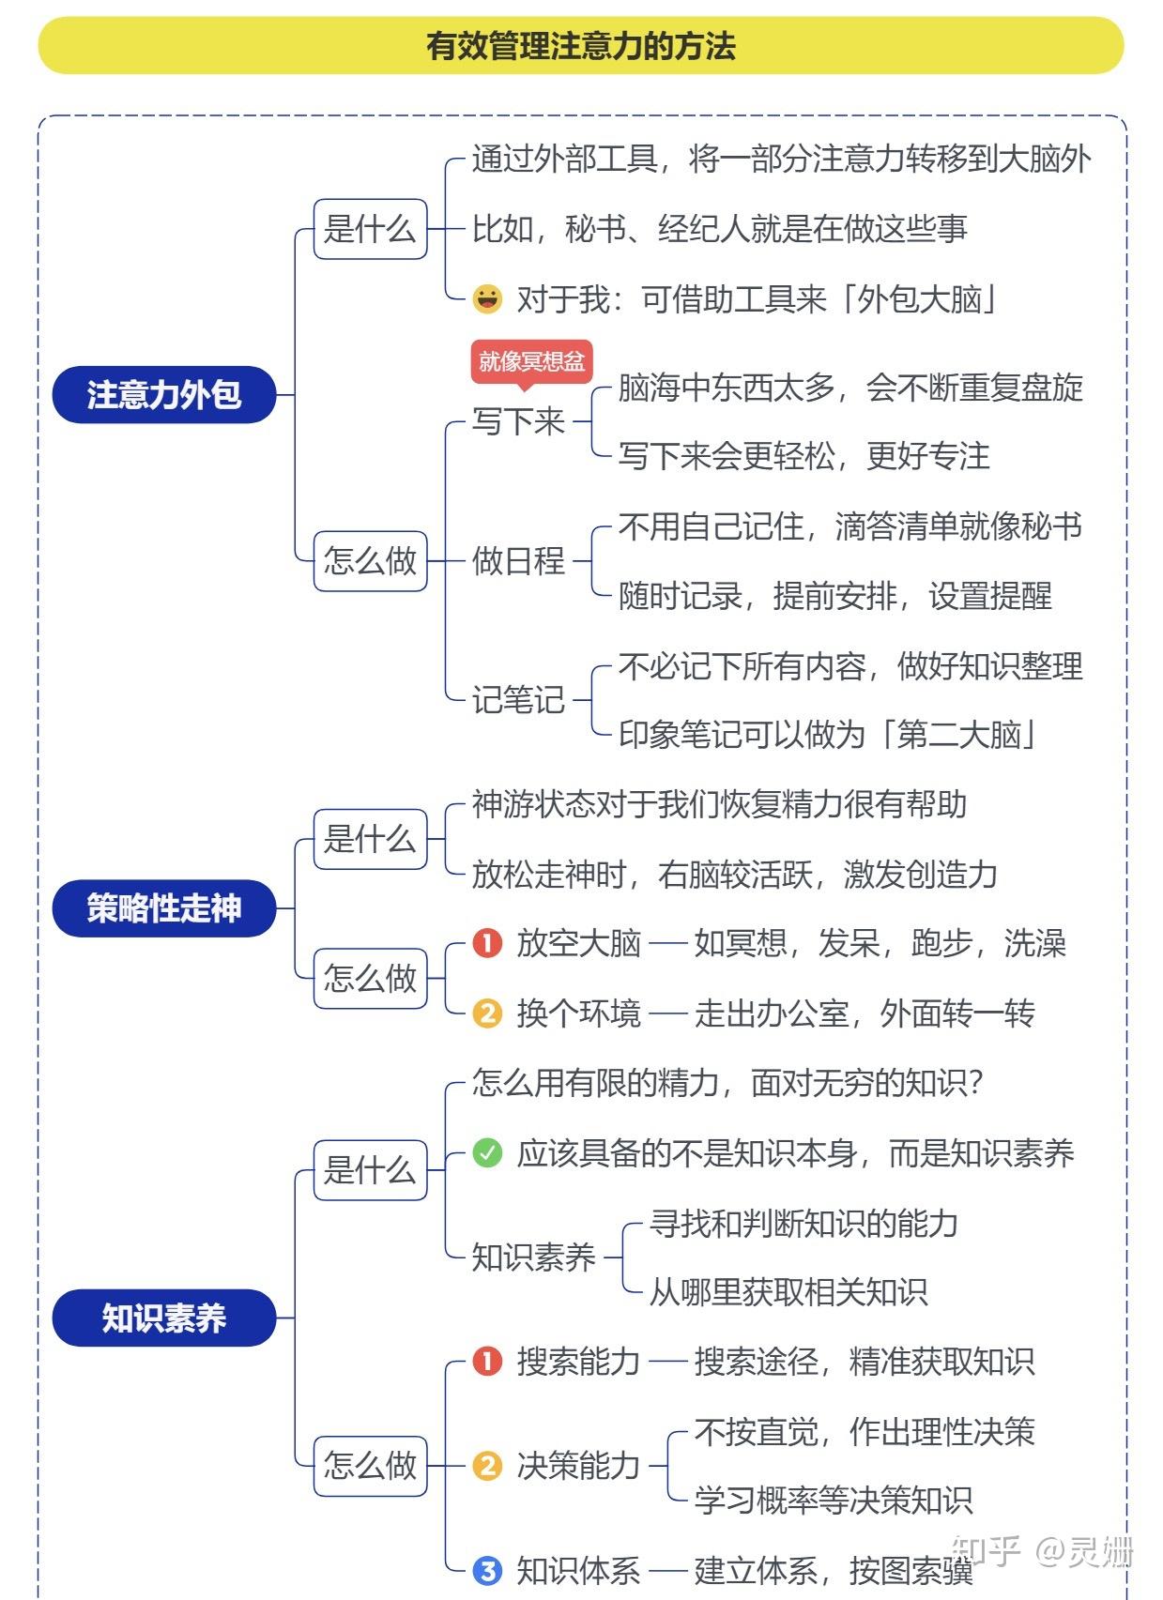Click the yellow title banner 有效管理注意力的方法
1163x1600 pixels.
coord(580,45)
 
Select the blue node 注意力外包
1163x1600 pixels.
coord(164,395)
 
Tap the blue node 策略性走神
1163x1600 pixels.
coord(164,908)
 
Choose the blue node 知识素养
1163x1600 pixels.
coord(164,1318)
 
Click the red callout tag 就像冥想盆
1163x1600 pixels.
coord(531,361)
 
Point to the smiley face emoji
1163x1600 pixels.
coord(487,299)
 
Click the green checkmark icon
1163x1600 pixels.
coord(487,1152)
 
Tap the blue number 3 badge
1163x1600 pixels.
coord(487,1570)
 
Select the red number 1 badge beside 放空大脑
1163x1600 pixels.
coord(487,943)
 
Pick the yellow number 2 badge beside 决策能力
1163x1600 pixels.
coord(487,1465)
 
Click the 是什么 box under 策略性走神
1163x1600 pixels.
coord(370,839)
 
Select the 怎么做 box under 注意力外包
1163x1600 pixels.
coord(370,561)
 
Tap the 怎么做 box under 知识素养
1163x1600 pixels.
coord(370,1465)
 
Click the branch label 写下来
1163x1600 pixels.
coord(518,421)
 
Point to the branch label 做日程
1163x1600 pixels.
coord(518,561)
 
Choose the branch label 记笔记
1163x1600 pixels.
coord(518,700)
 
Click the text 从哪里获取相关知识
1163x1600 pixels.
coord(788,1292)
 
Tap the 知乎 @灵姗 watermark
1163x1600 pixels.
coord(1042,1550)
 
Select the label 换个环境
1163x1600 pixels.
coord(578,1013)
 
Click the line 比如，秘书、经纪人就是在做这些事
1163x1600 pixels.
coord(719,229)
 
